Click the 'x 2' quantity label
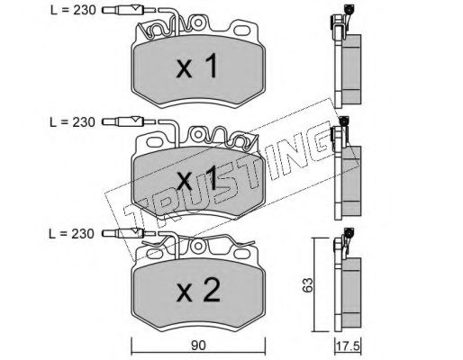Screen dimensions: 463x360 [x=198, y=290]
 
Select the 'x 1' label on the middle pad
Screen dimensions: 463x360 [x=196, y=178]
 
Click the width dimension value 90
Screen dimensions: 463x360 [x=198, y=346]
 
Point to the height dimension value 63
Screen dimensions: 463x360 [x=308, y=285]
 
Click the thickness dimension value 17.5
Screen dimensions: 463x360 [x=349, y=346]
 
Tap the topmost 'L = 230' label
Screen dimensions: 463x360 [x=73, y=11]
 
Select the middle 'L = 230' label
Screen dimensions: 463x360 [x=72, y=122]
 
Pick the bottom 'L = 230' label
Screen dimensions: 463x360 [x=71, y=234]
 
